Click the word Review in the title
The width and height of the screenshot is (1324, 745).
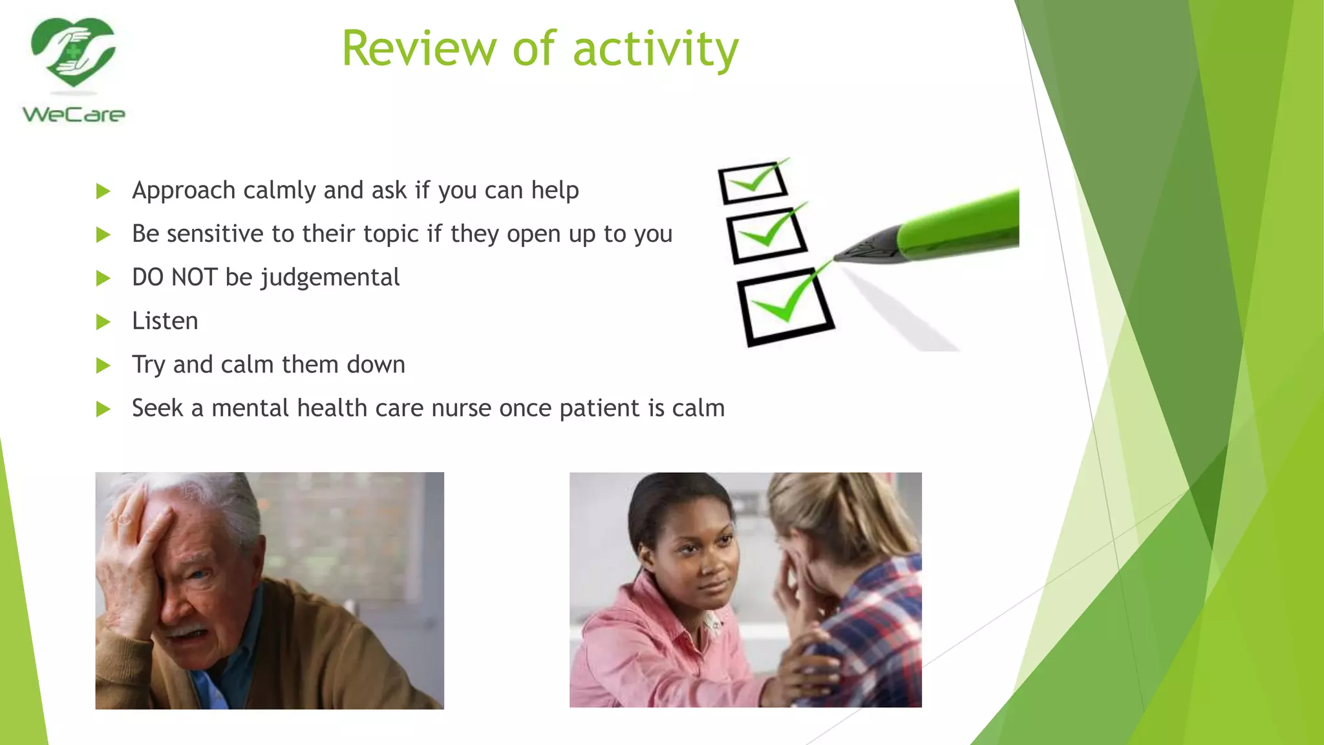[419, 49]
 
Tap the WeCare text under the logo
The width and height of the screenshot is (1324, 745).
[74, 115]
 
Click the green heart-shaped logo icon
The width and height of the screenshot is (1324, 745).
[73, 52]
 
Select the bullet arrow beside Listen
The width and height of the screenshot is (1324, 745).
[103, 321]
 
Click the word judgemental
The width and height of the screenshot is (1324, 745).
[330, 278]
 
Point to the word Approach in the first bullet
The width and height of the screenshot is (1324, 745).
[184, 191]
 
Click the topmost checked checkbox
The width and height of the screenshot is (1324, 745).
[753, 182]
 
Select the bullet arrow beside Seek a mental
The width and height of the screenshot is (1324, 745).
[103, 409]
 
